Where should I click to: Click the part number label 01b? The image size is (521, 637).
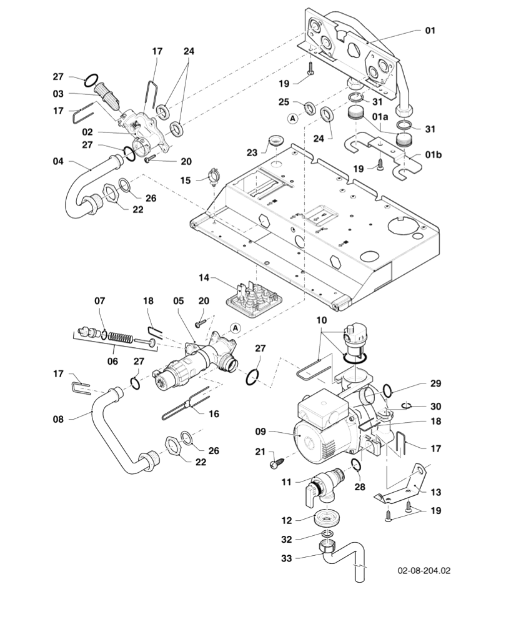coord(434,154)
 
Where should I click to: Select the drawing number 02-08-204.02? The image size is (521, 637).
coord(424,571)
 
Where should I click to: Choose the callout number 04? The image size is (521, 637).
coord(58,161)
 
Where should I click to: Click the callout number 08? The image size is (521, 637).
coord(58,419)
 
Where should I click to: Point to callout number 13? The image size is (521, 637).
coord(435,492)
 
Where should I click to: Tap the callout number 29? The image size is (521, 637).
coord(435,383)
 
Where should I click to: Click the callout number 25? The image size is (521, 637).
coord(284,101)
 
